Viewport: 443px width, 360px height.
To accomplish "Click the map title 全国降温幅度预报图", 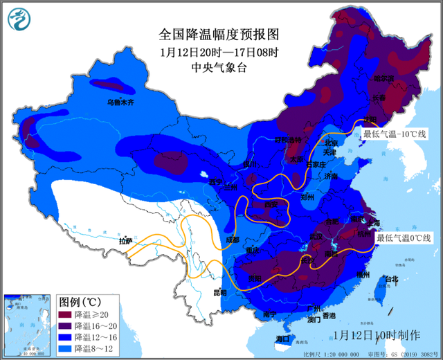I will click(x=218, y=33).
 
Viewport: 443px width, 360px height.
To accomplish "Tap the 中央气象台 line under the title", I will click(x=218, y=67).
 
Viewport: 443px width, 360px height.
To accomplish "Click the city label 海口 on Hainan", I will click(x=282, y=339).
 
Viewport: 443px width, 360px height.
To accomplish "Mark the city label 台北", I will click(x=392, y=280).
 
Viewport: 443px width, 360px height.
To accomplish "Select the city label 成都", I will click(x=233, y=240).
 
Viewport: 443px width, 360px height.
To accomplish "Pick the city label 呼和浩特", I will click(x=289, y=140).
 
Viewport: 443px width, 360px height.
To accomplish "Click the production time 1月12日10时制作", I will click(x=376, y=334).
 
